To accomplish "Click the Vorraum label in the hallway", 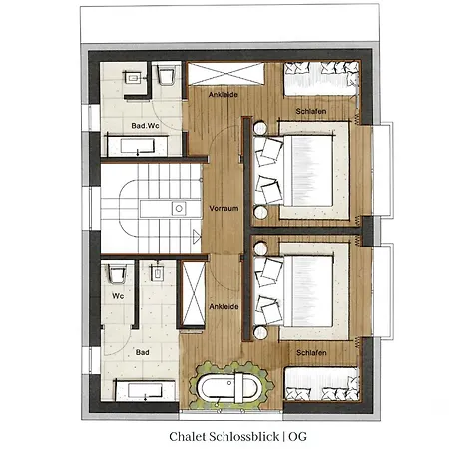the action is coord(224,209).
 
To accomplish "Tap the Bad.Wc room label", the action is coord(145,126).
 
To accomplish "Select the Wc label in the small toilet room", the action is coord(118,296).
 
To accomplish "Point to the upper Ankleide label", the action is coord(224,95).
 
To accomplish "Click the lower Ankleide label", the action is coord(224,306).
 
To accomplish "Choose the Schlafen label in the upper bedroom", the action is coord(311,111).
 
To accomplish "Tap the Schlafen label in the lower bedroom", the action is coord(311,352).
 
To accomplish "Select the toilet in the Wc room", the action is coord(117,274).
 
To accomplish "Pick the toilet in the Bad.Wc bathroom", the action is coord(166,76).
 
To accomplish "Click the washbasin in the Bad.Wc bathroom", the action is coord(134,79).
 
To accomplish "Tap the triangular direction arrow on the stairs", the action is coord(197,237).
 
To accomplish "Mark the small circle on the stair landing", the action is coord(179,209).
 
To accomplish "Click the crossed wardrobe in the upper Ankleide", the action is coord(225,74).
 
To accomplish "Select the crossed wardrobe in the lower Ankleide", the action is coord(194,293).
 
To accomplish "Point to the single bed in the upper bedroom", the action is coord(321,79).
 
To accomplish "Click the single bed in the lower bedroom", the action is coord(321,384).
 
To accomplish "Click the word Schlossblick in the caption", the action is coord(243,437).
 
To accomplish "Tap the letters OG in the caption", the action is coord(297,437).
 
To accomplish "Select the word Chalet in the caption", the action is coord(187,437).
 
